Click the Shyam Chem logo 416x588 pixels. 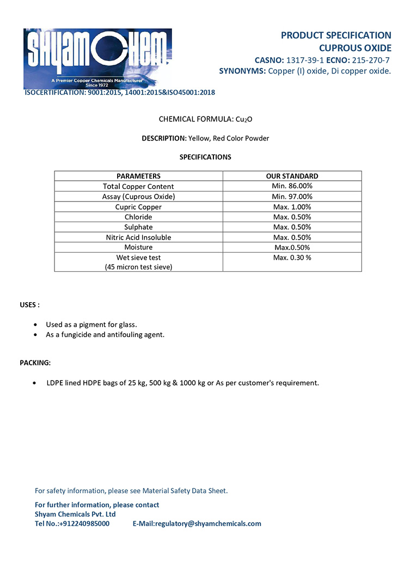coord(97,58)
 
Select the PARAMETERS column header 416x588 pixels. coord(138,176)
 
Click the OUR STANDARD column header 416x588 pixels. coord(292,176)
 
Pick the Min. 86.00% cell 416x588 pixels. coord(292,186)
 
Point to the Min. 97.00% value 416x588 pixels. coord(292,197)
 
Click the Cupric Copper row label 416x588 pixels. coord(138,207)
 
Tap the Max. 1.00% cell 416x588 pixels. coord(292,207)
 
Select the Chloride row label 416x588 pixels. coord(138,217)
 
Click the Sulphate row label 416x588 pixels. coord(138,227)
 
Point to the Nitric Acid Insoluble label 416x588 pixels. coord(138,237)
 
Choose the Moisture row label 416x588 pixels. coord(138,247)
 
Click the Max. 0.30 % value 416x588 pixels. coord(292,258)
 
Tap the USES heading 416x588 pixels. coord(29,304)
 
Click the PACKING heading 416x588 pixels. coord(35,363)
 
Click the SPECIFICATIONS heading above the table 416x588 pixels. coord(205,157)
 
